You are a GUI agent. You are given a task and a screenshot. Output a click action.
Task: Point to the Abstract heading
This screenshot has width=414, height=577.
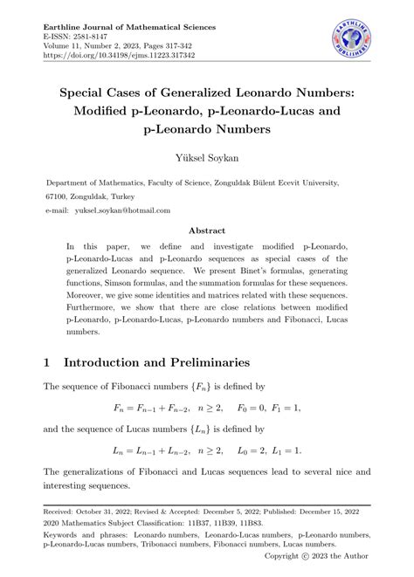207,232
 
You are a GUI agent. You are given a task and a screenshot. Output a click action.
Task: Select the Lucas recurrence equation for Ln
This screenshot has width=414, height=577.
208,450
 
